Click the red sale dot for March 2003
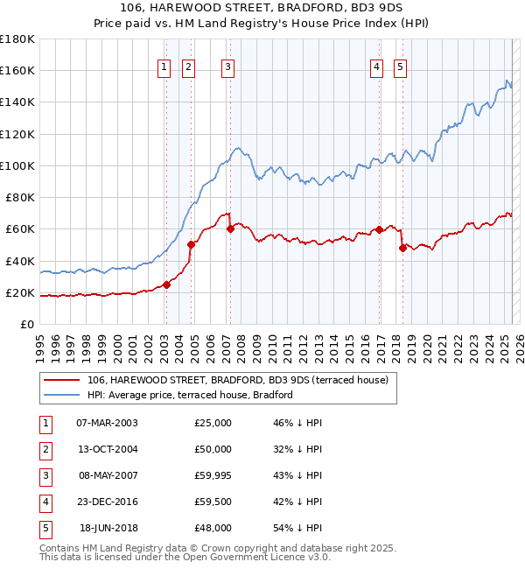point(166,284)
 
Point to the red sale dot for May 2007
point(230,229)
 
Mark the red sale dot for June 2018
point(402,248)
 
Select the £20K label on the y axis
point(21,292)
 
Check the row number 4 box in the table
point(44,502)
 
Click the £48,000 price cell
point(213,528)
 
